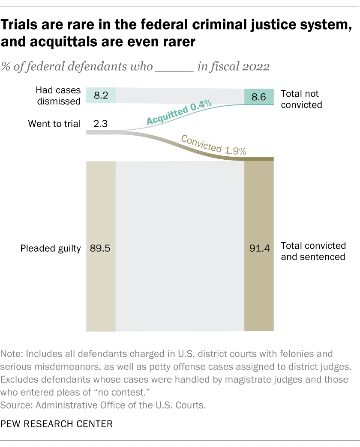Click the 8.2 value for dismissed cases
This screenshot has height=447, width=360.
[x=101, y=95]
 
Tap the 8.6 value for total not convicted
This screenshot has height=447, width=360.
[x=259, y=97]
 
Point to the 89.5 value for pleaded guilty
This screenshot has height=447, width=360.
[x=100, y=248]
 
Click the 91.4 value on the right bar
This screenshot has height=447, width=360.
[x=259, y=248]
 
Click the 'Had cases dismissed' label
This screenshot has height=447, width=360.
[x=58, y=95]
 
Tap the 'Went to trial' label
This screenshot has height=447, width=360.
[x=54, y=124]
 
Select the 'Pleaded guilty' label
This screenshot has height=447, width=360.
[x=51, y=248]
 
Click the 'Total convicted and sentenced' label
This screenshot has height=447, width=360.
[x=313, y=251]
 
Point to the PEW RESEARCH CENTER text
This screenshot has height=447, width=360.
[x=57, y=424]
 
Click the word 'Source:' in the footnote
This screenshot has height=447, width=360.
[x=15, y=405]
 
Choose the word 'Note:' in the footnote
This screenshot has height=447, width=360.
[x=12, y=355]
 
